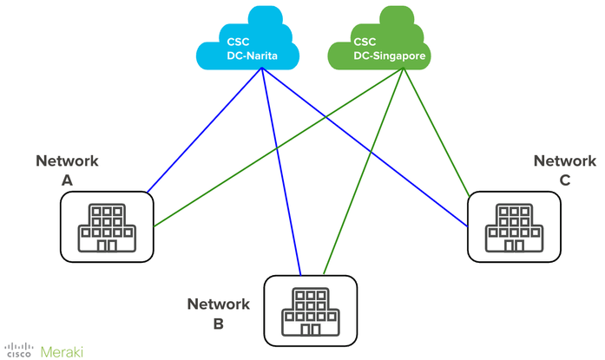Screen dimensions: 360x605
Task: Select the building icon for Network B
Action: (x=310, y=311)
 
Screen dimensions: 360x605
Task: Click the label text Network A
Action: (x=67, y=170)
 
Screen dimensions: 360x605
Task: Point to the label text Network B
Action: (x=218, y=314)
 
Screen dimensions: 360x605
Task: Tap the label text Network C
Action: (x=565, y=170)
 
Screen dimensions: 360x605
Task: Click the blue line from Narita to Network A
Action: (x=205, y=130)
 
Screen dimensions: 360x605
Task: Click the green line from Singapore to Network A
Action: (x=278, y=148)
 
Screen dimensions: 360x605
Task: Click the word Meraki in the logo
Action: (x=60, y=350)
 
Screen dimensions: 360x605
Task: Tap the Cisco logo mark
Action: (x=17, y=350)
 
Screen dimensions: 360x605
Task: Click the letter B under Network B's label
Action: (x=218, y=324)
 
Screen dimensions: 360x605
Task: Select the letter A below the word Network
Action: (x=67, y=180)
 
